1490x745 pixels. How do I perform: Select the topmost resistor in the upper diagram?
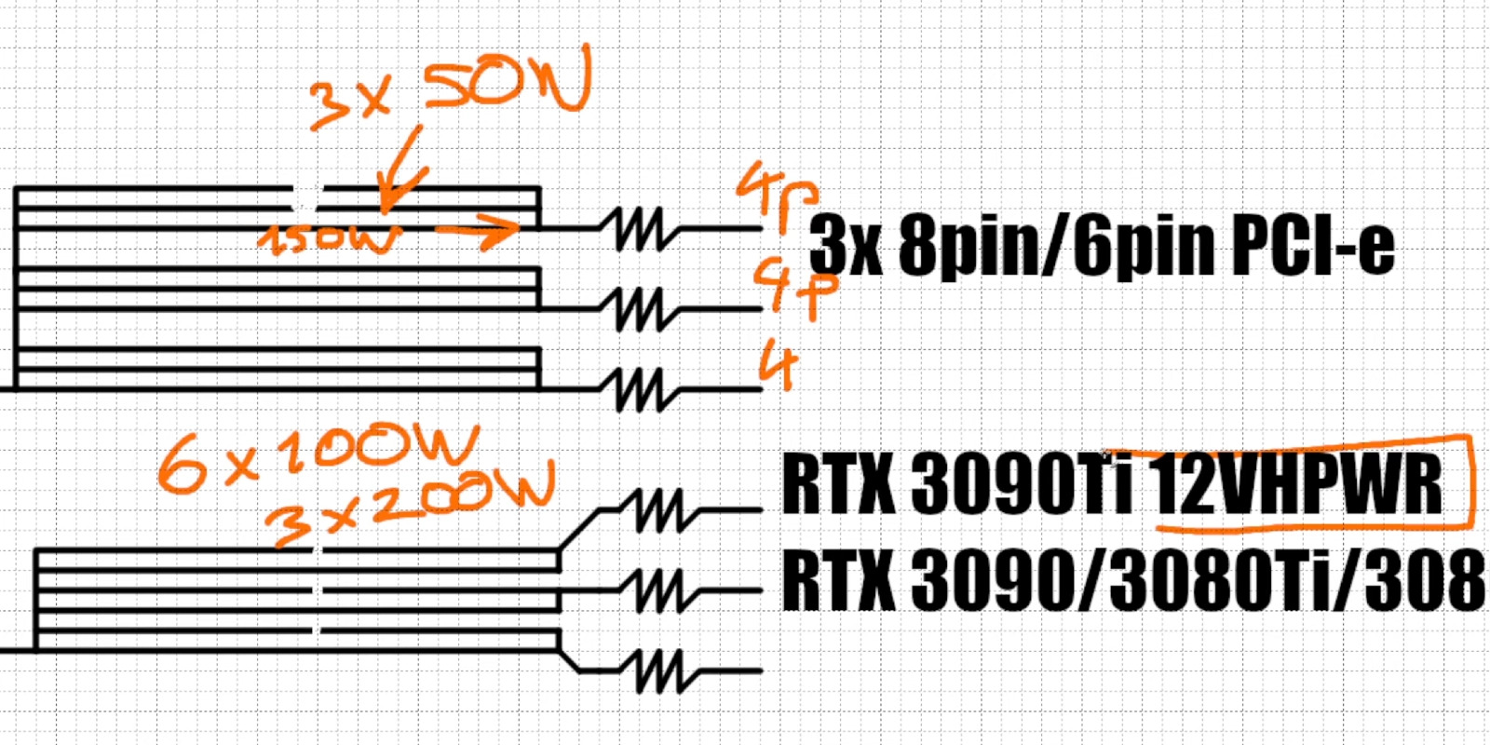tap(640, 228)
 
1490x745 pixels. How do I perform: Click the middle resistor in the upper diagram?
tap(640, 308)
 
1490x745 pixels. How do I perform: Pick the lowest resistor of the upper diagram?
tap(640, 388)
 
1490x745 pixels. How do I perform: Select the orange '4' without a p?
tap(779, 364)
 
